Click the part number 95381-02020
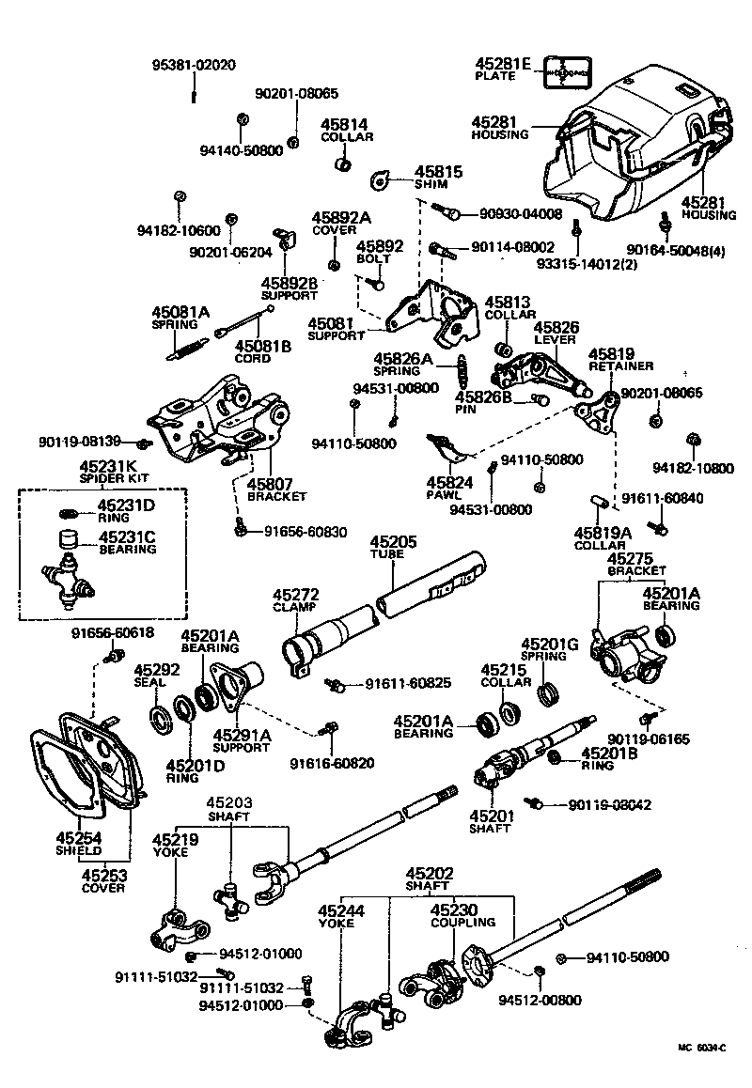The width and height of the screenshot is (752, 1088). [x=194, y=65]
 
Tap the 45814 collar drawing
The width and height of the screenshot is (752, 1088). [x=344, y=167]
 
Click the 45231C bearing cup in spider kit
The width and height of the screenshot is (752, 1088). [x=68, y=540]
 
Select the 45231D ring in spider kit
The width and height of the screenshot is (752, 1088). [x=68, y=513]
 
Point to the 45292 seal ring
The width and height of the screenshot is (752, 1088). [x=162, y=719]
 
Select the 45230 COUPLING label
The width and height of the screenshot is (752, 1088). [x=455, y=915]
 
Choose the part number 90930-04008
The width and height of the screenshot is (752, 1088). [x=513, y=214]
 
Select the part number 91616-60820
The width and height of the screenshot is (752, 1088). [x=332, y=763]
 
